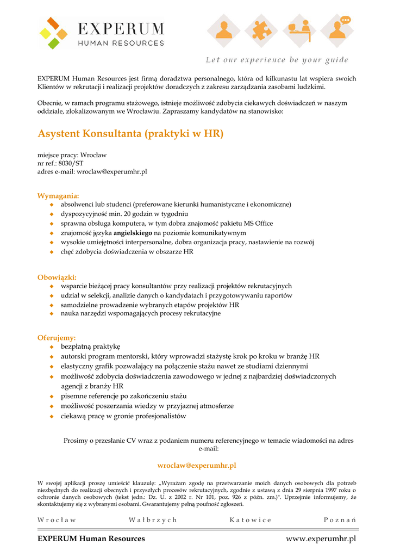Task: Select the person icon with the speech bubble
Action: tap(338, 30)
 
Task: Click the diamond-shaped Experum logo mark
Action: tap(53, 33)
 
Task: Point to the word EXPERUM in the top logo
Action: tap(121, 28)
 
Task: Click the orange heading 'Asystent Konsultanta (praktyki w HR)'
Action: tap(130, 134)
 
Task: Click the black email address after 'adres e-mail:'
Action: tap(112, 172)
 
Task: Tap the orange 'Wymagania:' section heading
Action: tap(58, 196)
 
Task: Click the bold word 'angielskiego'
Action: tap(133, 233)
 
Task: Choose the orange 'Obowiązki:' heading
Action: tap(57, 277)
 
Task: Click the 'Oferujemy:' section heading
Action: tap(57, 338)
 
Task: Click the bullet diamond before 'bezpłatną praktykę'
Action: tap(52, 346)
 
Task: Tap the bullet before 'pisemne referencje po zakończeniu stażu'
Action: tap(52, 397)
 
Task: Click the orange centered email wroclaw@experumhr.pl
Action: tap(197, 466)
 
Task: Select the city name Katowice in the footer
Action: tap(251, 520)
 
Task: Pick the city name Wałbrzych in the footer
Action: tap(153, 520)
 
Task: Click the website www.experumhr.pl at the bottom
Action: tap(321, 539)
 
